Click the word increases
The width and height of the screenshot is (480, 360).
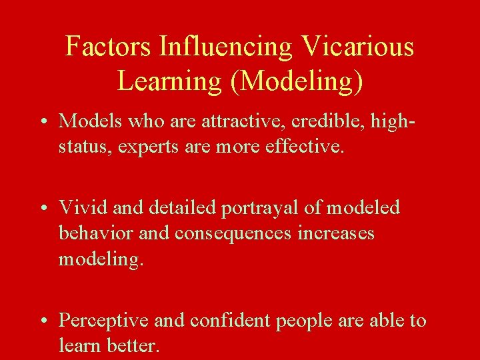[339, 233]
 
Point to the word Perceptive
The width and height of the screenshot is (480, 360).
[103, 321]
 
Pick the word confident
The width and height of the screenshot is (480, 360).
[227, 321]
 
